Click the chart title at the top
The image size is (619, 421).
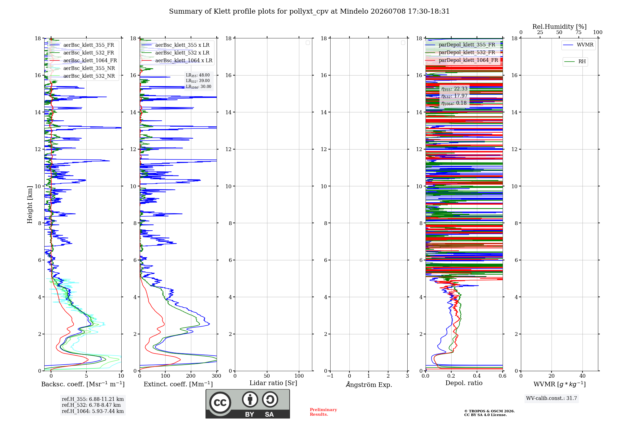tap(309, 11)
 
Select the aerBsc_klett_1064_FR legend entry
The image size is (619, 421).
tap(83, 61)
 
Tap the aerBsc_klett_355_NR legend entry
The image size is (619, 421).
tap(82, 68)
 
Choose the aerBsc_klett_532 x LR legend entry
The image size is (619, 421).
tap(175, 53)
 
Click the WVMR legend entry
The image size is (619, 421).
tap(578, 45)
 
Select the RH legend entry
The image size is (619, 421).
tap(575, 62)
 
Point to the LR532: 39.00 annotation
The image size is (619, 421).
tap(198, 81)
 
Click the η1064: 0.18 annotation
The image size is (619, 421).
tap(454, 103)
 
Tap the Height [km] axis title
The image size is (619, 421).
tap(30, 205)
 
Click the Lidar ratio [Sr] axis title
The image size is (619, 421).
tap(273, 383)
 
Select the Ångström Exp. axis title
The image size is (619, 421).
tap(369, 384)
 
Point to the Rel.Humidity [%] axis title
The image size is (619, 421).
tap(559, 27)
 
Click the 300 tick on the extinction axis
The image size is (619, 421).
tap(217, 376)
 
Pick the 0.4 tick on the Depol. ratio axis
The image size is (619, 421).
tap(477, 376)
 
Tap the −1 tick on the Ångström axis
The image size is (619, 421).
tap(330, 376)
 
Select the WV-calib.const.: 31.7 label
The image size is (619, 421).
tap(552, 398)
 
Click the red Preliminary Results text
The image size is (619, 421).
tap(323, 412)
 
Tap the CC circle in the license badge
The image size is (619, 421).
tap(220, 403)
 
